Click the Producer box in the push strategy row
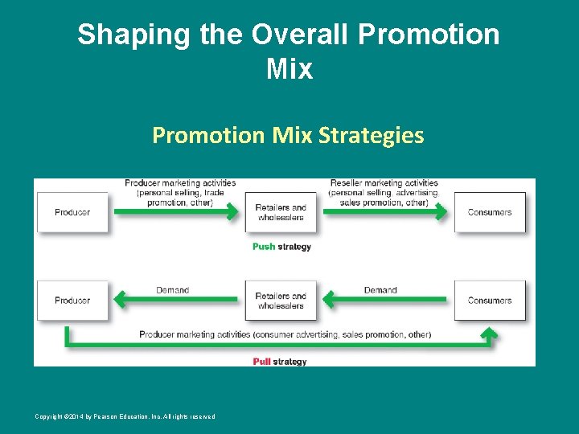(72, 212)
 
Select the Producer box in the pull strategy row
(72, 301)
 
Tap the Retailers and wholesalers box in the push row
(281, 212)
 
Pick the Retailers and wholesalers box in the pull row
(281, 301)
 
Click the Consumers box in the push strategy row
(490, 212)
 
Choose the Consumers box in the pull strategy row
(490, 301)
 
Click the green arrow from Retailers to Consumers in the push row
(384, 212)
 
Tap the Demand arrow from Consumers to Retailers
(384, 300)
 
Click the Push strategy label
(281, 247)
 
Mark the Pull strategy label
(280, 362)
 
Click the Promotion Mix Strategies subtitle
(288, 135)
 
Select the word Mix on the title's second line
(289, 69)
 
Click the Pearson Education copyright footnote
(125, 416)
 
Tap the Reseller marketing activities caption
(384, 193)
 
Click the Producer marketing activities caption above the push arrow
(180, 193)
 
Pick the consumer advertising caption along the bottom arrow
(285, 334)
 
